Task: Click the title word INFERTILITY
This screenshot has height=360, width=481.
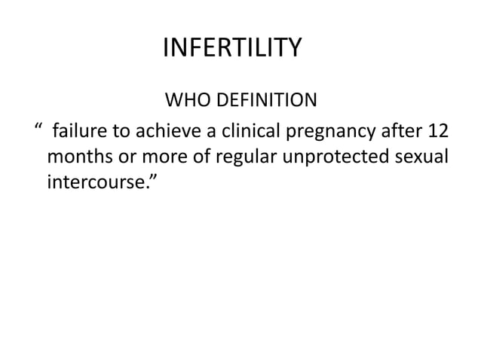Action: pos(232,50)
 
